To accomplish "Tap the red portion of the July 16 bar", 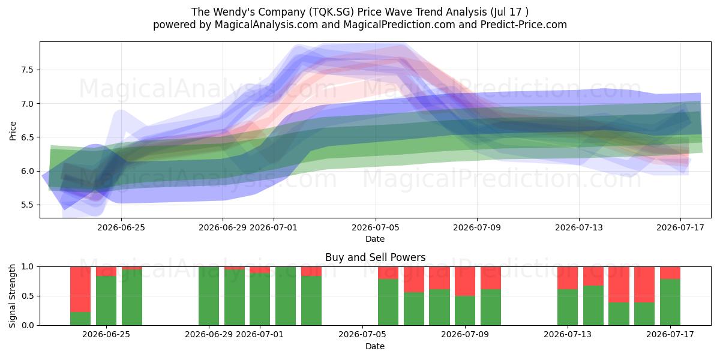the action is point(644,284).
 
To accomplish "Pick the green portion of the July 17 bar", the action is point(670,302).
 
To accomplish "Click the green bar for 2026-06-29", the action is point(209,296).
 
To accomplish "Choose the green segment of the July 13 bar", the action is point(568,307).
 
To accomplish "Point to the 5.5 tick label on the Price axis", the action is point(28,205).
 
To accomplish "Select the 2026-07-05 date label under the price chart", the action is point(376,227).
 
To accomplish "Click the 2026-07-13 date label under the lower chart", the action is point(568,334).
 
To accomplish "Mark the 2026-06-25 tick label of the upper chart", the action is point(121,227).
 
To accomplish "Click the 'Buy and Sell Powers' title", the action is point(375,257).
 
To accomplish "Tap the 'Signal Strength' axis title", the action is point(12,296).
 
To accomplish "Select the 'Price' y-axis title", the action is point(13,131).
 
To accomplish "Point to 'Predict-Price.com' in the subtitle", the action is point(524,25).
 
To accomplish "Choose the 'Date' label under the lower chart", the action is point(375,346).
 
